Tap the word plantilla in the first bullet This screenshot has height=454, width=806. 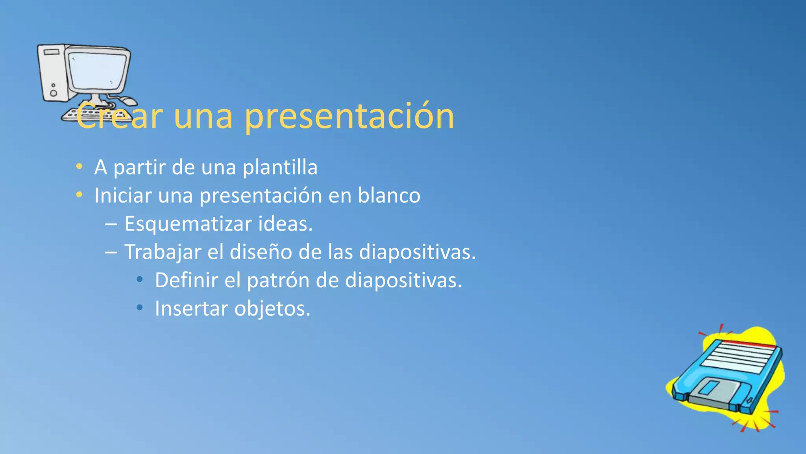280,167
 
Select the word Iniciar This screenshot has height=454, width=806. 123,195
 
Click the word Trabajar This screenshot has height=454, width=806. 163,252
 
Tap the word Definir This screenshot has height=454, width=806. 186,281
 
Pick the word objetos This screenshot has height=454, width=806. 272,309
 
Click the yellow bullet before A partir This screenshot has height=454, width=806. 79,166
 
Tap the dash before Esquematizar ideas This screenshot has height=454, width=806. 111,224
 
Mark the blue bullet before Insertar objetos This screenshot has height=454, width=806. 139,307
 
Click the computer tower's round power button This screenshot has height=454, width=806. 54,93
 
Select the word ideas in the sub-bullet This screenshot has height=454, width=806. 285,224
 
